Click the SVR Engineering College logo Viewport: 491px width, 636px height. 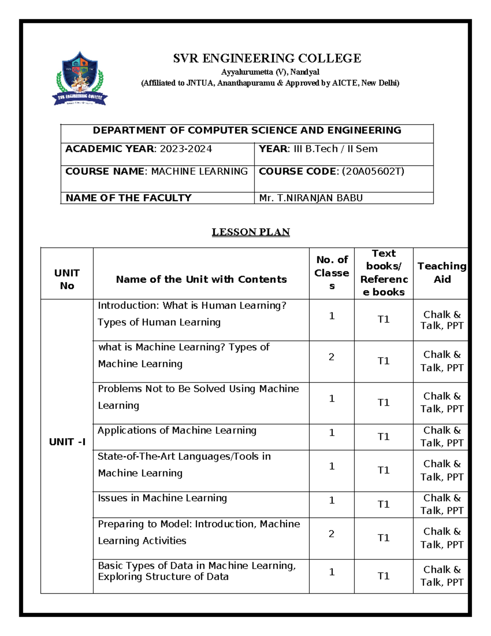click(x=80, y=79)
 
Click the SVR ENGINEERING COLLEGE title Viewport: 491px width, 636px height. click(x=267, y=59)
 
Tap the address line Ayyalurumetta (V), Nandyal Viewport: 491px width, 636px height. click(x=270, y=72)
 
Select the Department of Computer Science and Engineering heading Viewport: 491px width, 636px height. click(x=247, y=130)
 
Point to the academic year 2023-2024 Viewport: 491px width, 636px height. click(x=186, y=149)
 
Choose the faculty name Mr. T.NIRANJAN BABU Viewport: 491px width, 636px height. click(x=311, y=198)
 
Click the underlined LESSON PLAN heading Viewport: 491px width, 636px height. click(x=250, y=232)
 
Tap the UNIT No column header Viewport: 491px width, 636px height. click(x=67, y=279)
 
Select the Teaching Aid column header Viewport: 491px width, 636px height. click(x=442, y=273)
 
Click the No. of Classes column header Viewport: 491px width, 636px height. click(x=332, y=273)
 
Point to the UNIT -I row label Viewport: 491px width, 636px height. click(x=67, y=442)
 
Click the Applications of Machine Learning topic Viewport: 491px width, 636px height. click(x=177, y=430)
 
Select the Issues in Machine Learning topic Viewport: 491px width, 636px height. click(x=162, y=498)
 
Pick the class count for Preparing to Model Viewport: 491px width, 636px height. click(x=331, y=534)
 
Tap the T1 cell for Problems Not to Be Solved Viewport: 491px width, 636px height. click(x=383, y=403)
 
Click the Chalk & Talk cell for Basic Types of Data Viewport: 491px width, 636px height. click(x=442, y=576)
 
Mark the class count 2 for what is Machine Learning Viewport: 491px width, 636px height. click(x=331, y=357)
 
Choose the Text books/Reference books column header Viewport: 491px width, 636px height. click(x=384, y=273)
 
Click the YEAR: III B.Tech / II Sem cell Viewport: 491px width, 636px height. click(x=318, y=149)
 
